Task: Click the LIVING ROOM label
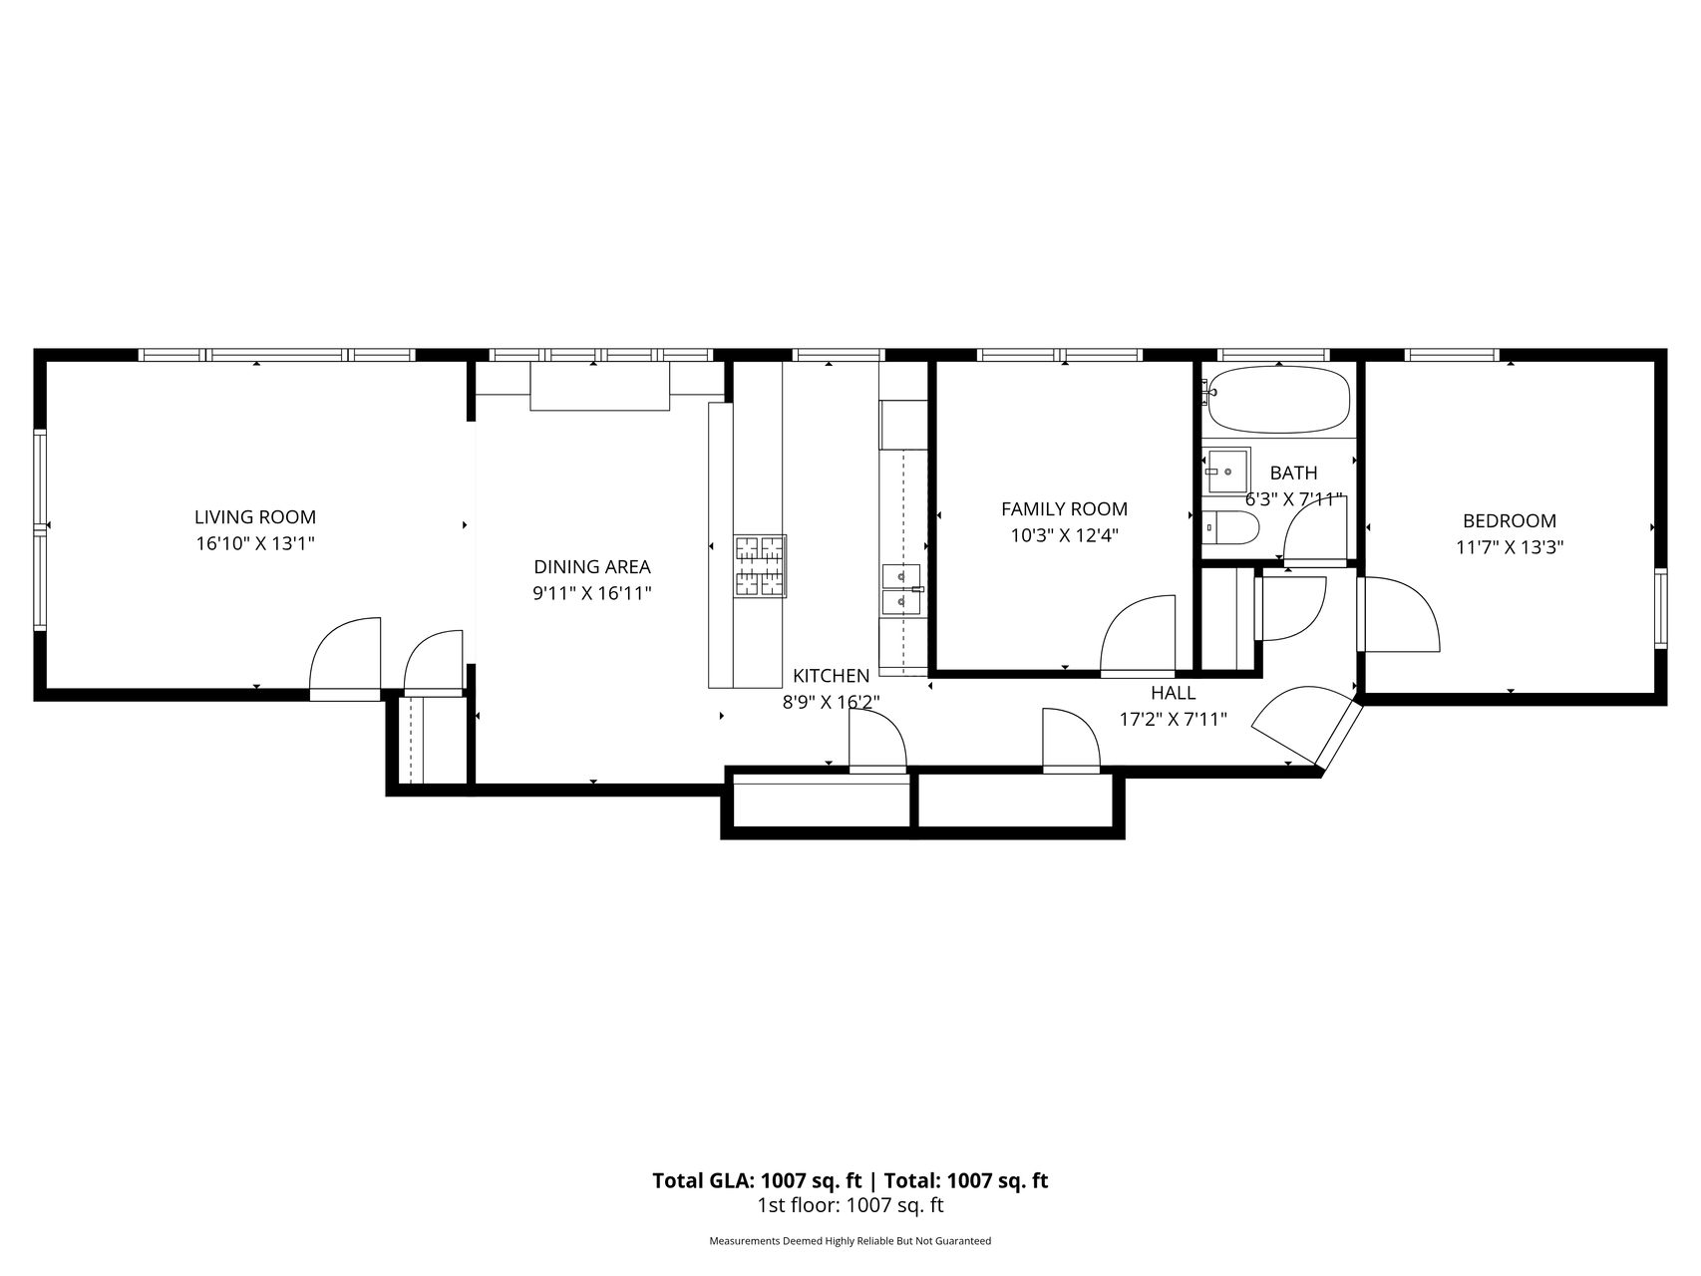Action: point(254,516)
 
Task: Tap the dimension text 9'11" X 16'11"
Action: point(592,593)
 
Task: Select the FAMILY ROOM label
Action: point(1064,508)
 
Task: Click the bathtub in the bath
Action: point(1278,399)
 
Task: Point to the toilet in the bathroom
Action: point(1230,527)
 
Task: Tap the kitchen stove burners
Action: point(761,566)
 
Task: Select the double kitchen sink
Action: point(901,588)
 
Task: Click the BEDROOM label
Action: point(1509,520)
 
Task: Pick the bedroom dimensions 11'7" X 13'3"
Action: point(1509,547)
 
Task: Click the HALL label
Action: point(1173,693)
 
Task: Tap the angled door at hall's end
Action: point(1296,723)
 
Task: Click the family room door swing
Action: point(1137,638)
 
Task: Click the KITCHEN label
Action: point(831,676)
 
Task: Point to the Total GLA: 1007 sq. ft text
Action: point(756,1181)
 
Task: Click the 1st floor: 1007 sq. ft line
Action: point(850,1205)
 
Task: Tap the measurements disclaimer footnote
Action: point(850,1241)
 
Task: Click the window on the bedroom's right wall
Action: point(1660,608)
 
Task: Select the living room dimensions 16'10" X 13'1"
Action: point(254,543)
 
